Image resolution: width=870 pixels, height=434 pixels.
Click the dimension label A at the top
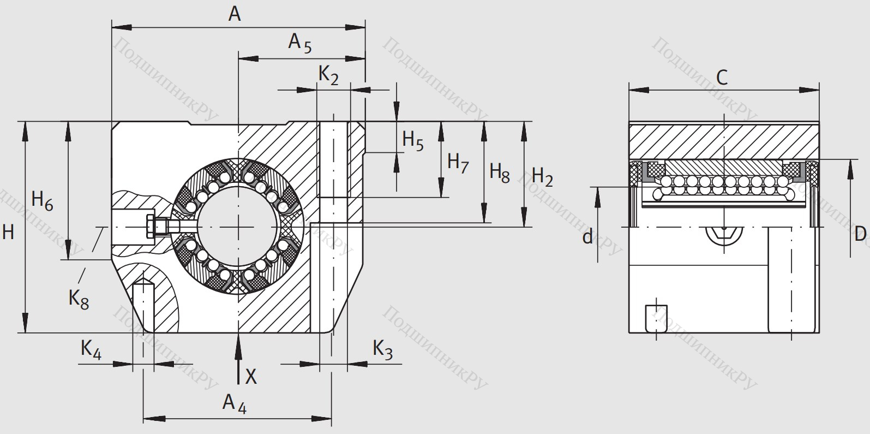pos(234,14)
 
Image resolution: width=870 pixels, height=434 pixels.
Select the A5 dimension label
pos(299,43)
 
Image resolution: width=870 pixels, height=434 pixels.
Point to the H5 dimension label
pos(412,140)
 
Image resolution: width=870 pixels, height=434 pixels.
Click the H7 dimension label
pos(458,162)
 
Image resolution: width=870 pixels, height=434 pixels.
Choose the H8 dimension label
pos(499,172)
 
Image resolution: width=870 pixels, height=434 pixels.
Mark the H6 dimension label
pos(42,200)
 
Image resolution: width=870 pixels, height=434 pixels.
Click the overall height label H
pos(8,232)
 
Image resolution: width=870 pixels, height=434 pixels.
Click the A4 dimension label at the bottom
pos(234,403)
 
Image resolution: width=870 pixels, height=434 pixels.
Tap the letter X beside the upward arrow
pos(251,376)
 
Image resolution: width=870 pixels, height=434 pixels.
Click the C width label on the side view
pos(722,78)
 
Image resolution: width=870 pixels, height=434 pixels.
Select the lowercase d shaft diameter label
pos(587,237)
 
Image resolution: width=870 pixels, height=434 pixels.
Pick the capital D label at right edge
pos(860,234)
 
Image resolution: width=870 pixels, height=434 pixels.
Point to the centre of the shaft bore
pos(238,227)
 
